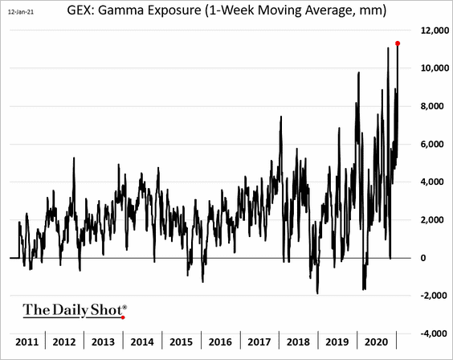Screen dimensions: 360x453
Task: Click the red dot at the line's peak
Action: click(398, 43)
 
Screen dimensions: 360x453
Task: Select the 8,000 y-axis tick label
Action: click(431, 106)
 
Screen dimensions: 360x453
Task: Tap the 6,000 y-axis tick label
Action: click(431, 144)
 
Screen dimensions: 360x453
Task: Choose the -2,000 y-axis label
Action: click(429, 295)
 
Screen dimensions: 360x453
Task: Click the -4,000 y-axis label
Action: click(429, 333)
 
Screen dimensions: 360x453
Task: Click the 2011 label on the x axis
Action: click(28, 341)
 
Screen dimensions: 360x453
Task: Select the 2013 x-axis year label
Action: click(108, 341)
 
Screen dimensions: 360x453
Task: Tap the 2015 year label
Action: click(186, 341)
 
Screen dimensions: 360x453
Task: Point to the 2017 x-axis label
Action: click(264, 341)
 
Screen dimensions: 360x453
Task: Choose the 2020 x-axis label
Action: click(382, 341)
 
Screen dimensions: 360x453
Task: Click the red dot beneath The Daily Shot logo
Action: click(123, 317)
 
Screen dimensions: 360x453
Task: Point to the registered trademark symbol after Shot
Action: click(124, 305)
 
